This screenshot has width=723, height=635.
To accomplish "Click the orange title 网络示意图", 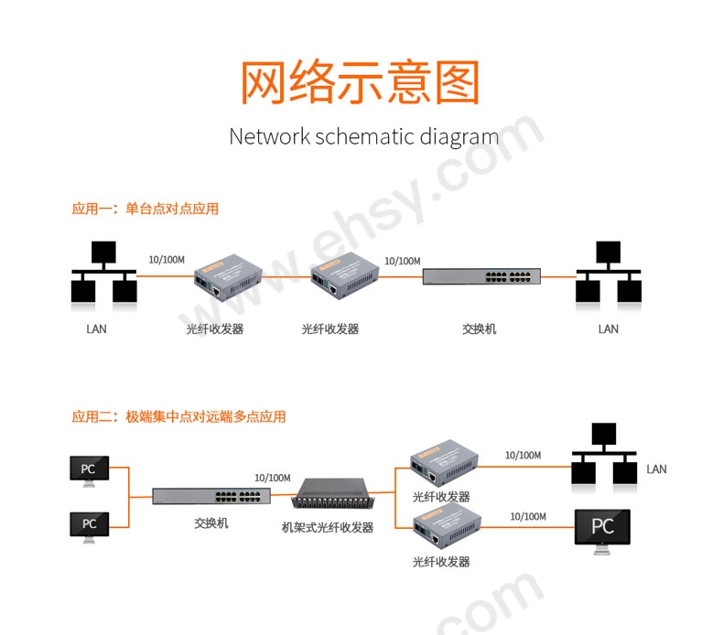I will (x=360, y=84).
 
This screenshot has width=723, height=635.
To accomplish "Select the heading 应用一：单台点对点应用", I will (x=146, y=209).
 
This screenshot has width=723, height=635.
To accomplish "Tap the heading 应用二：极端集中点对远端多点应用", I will (x=178, y=416).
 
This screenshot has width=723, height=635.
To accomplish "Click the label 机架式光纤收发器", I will (x=328, y=528).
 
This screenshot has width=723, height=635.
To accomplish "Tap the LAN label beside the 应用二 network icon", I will (x=656, y=469).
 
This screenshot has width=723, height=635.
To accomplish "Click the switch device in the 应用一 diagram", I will (x=481, y=276).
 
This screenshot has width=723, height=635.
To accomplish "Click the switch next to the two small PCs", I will (x=211, y=497).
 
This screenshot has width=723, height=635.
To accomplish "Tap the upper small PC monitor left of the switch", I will (x=89, y=470).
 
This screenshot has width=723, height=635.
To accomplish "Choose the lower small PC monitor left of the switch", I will (x=89, y=525).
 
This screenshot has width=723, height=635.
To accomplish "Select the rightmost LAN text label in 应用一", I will (x=608, y=329).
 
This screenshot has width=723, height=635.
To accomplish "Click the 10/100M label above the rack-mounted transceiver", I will (x=272, y=478).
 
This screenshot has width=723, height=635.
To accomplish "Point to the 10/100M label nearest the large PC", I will (x=528, y=517).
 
